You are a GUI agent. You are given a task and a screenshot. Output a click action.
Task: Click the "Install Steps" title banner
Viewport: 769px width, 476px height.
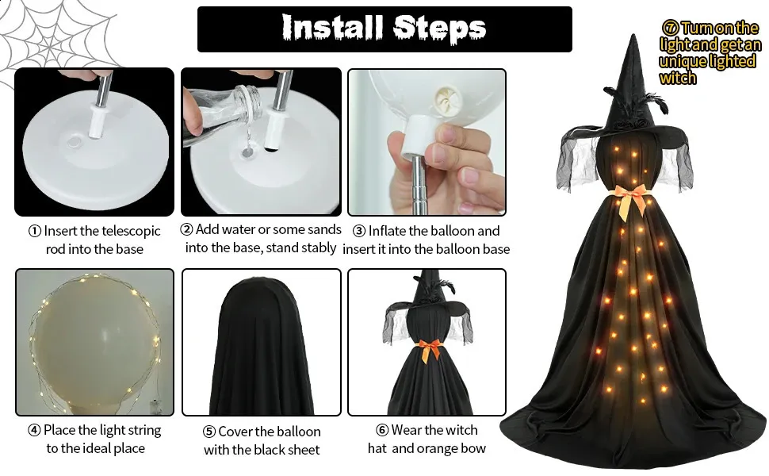[384, 29]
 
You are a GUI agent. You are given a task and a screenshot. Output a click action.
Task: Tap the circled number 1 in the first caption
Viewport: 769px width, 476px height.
[35, 231]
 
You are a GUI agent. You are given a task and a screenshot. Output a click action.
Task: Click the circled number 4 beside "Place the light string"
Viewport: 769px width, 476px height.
[34, 430]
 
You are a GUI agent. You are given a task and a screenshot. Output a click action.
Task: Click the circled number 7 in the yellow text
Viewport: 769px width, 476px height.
[670, 28]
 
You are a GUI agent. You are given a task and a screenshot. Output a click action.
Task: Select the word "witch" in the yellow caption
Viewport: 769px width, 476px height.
[678, 78]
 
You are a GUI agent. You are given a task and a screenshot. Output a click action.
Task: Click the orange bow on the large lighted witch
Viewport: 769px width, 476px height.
[631, 200]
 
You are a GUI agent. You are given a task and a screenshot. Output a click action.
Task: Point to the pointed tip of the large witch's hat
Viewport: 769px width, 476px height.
[633, 35]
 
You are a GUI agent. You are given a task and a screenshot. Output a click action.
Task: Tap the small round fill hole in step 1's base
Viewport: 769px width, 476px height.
[75, 143]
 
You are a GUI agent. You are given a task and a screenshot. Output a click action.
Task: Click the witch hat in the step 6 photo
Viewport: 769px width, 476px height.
[427, 295]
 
